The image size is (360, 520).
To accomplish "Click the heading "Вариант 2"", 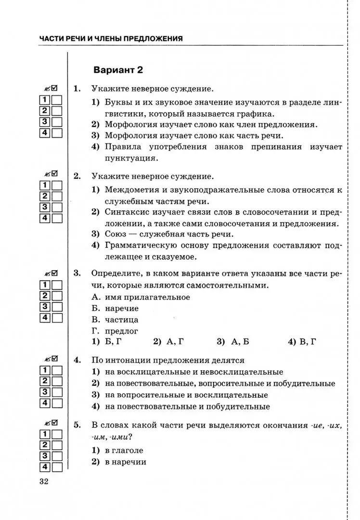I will coord(118,70).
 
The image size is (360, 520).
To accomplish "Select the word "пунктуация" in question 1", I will coord(131,158).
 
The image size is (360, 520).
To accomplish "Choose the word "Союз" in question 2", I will coord(116,234).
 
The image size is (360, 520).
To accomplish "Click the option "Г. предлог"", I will coord(115,331).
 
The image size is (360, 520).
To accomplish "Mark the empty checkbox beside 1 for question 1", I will coord(57,100).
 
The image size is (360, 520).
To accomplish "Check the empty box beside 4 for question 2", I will coord(57,219).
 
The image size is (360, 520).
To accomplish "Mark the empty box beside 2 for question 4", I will coord(57,381).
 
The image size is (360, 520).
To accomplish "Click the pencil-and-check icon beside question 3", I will coord(51,274).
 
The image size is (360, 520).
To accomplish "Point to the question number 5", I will coord(77,425).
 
